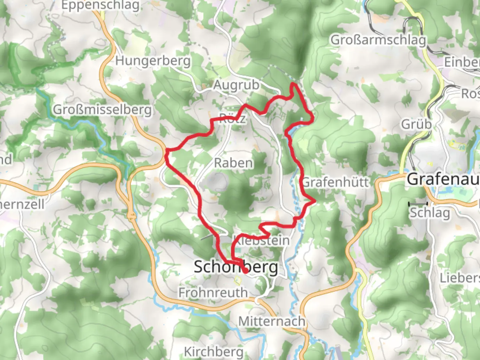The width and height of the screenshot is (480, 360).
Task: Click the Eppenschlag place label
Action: (x=100, y=5)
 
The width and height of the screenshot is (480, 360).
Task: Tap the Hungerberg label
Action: (x=153, y=61)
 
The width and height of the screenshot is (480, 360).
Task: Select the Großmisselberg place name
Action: (x=102, y=109)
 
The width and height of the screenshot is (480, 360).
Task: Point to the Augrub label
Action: (x=236, y=85)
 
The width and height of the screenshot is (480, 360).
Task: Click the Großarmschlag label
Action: (x=378, y=40)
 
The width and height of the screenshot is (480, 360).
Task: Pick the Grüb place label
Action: (x=416, y=124)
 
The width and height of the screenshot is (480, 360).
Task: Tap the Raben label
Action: (x=233, y=163)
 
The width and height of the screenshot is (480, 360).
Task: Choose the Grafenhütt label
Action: (x=335, y=182)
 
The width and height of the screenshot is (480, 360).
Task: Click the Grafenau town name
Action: (x=443, y=179)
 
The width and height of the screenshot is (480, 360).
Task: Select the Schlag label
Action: (x=430, y=212)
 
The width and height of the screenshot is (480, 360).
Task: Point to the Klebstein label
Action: (x=262, y=240)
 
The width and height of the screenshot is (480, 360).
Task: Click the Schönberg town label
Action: (x=236, y=267)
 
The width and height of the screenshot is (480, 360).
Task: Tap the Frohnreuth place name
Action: (x=213, y=293)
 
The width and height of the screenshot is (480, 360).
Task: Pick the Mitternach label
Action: (x=272, y=321)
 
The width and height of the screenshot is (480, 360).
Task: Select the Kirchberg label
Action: (x=214, y=352)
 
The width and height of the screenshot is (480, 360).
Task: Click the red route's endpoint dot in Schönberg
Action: (x=245, y=272)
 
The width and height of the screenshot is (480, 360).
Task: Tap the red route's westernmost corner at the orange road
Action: (x=166, y=152)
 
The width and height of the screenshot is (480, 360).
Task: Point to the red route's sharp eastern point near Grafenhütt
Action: (x=314, y=200)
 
